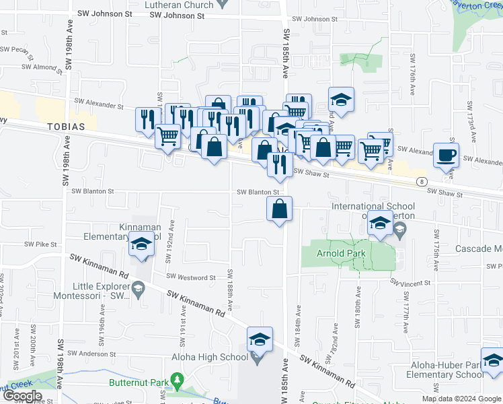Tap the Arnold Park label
point(342,253)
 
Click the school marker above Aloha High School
point(260,340)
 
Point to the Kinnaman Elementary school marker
point(142,247)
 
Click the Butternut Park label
point(140,382)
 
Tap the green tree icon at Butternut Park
point(178,382)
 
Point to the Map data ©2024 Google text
point(461,399)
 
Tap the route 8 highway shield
point(420,181)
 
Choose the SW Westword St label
point(187,277)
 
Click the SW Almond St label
point(40,67)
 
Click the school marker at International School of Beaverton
point(381,225)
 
